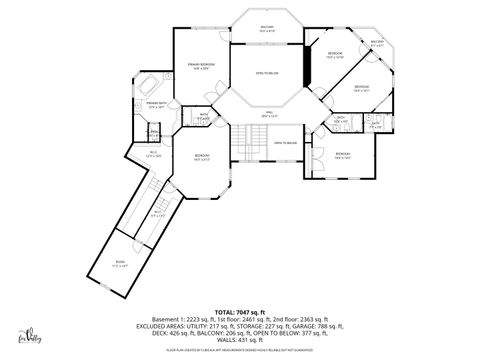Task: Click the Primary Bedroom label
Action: pos(201,66)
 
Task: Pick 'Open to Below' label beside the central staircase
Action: pos(285,143)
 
